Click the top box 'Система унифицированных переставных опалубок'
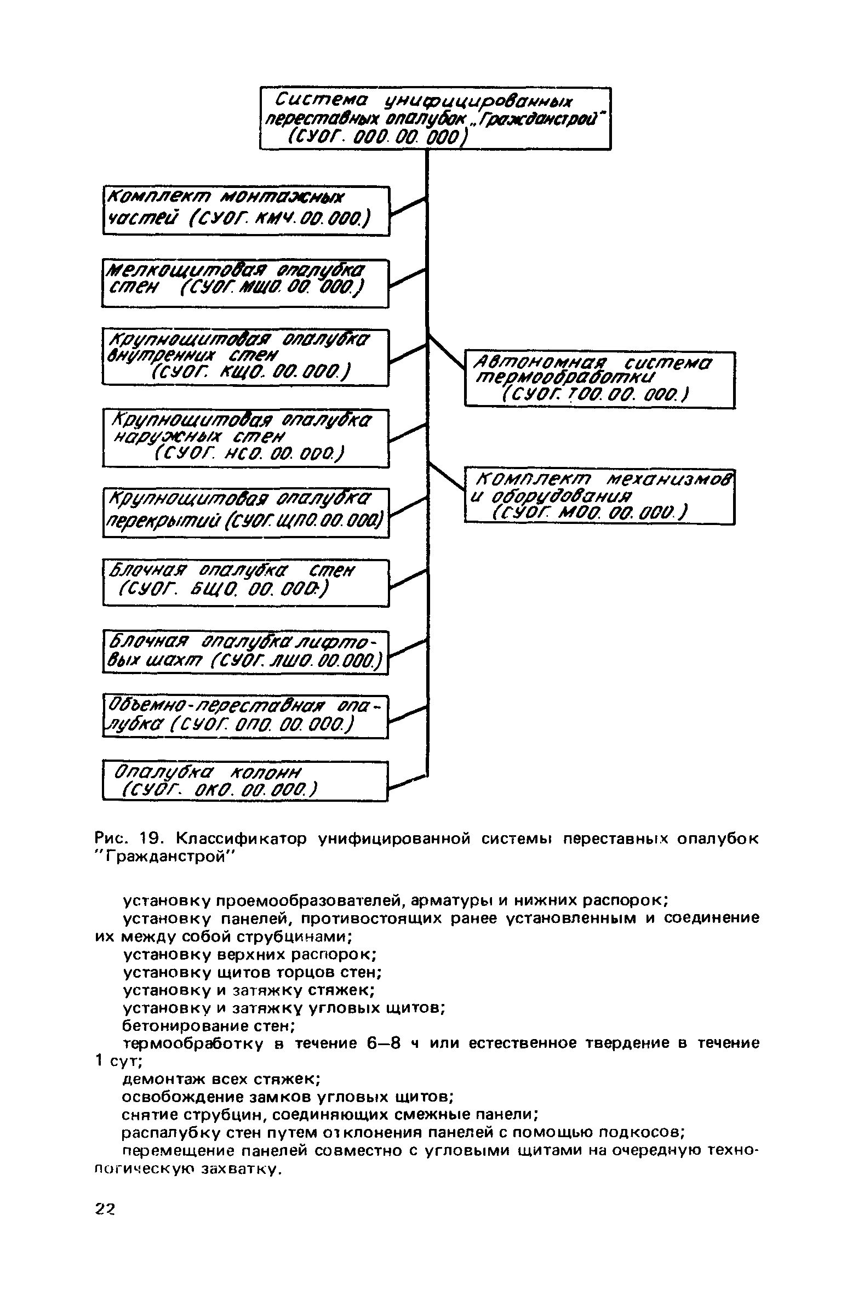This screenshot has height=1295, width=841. coord(435,118)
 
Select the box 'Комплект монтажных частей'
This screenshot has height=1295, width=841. coord(246,211)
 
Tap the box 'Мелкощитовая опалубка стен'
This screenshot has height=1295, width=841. coord(245,283)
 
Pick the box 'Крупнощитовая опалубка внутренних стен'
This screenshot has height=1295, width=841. coord(245,357)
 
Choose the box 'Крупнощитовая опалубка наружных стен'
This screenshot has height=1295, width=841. coord(245,438)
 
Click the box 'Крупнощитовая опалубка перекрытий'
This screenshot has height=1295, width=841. coord(245,512)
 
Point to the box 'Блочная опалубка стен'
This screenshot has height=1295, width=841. coord(245,583)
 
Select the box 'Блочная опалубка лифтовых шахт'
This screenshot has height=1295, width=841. coord(245,652)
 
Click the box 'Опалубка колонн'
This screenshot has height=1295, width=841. coord(245,781)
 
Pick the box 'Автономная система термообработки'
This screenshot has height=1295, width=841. coord(599,379)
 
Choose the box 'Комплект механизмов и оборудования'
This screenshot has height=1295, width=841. coord(599,497)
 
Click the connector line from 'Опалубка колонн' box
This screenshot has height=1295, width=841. coord(407,782)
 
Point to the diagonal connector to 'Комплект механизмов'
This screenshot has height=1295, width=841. coord(447,476)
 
